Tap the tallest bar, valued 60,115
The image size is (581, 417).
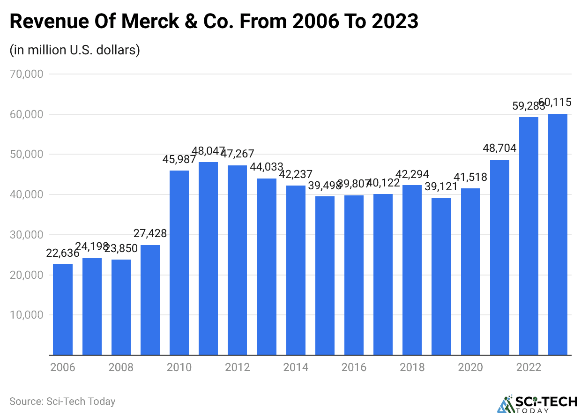coord(558,234)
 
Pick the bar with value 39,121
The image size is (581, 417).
coord(441,276)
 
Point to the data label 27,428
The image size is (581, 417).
coord(150,233)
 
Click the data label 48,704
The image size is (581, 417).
coord(499,149)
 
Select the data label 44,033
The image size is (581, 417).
coord(267,167)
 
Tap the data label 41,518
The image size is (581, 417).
coord(470,177)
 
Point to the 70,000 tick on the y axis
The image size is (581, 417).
coord(27,74)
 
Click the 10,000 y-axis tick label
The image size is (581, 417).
coord(27,315)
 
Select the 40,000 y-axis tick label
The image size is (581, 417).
coord(27,194)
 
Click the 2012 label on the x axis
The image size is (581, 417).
coord(238,367)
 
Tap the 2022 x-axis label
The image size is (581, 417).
coord(529,367)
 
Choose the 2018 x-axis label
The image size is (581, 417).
coord(412,367)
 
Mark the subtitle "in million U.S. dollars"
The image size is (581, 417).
coord(75,50)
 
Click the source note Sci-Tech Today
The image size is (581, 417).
coord(62,402)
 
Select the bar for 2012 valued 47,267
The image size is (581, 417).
coord(238,260)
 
